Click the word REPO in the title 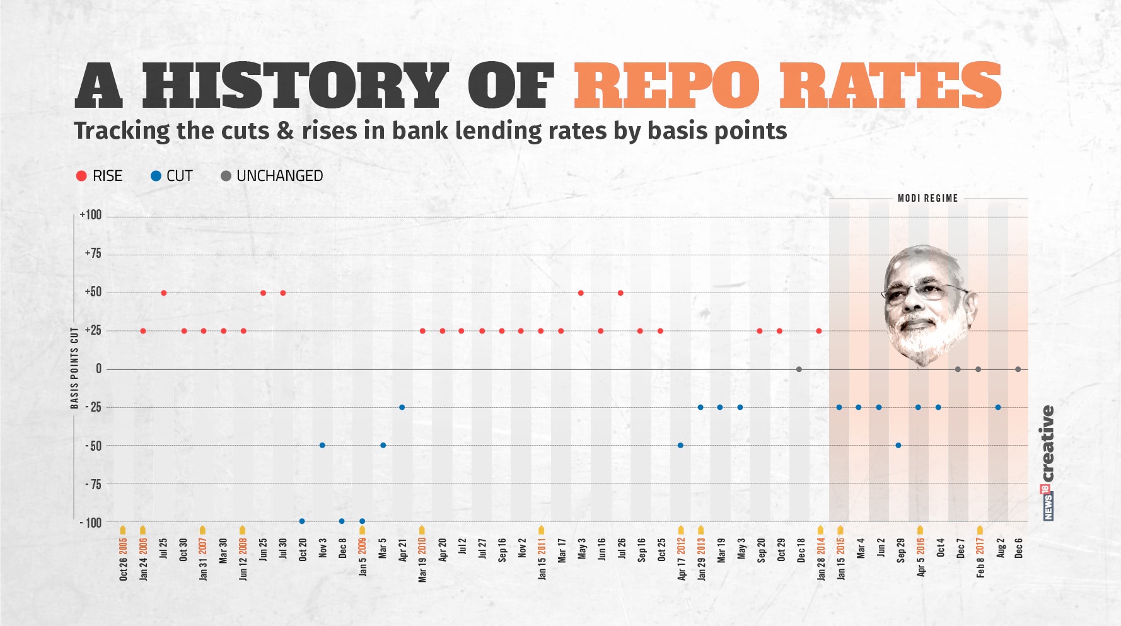[x=666, y=86]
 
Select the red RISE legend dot [x=81, y=176]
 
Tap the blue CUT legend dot [x=156, y=176]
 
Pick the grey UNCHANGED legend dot [x=226, y=176]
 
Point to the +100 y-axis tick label [x=91, y=215]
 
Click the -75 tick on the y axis [x=93, y=484]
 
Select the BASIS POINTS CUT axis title [x=74, y=368]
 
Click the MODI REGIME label [x=927, y=198]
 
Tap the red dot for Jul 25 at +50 [x=164, y=293]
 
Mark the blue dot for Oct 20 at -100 [x=302, y=521]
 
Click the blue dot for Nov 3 [x=322, y=446]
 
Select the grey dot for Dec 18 [x=799, y=369]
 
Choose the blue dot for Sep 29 [x=898, y=446]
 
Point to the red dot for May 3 [x=581, y=293]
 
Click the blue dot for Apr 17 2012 [x=680, y=446]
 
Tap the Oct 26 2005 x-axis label [x=123, y=559]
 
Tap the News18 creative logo [x=1047, y=463]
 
